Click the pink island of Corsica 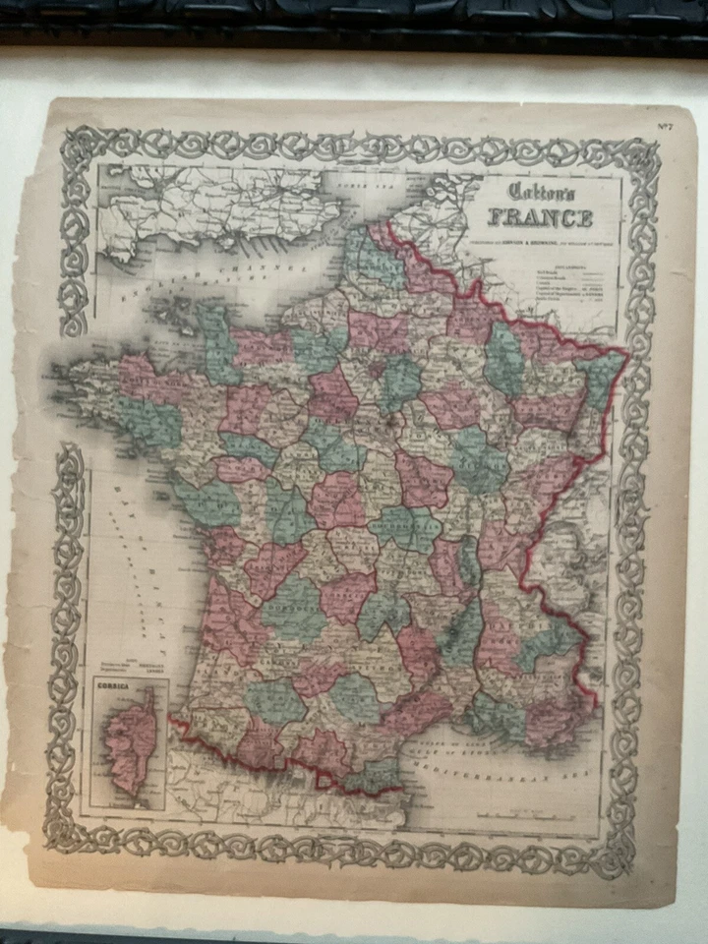132,741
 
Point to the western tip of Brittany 61,375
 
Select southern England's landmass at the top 216,206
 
